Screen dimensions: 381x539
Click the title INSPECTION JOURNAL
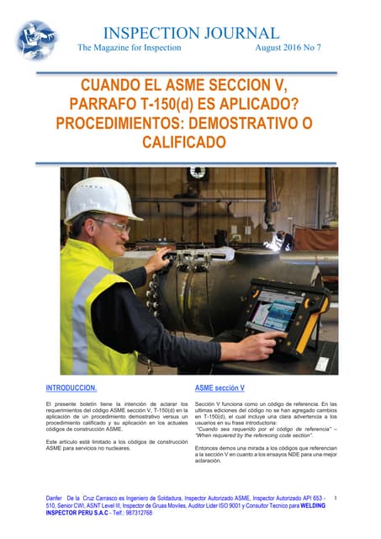(x=190, y=34)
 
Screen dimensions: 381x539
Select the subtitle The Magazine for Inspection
(x=129, y=48)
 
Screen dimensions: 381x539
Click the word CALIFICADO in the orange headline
(x=190, y=143)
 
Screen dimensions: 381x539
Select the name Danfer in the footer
(x=54, y=500)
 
